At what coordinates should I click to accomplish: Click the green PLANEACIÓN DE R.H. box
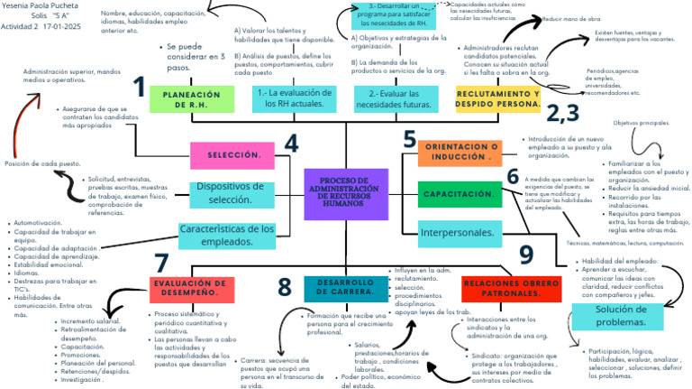tap(186, 99)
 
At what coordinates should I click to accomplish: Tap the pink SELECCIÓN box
tap(233, 155)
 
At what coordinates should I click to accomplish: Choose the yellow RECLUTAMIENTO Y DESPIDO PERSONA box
tap(498, 98)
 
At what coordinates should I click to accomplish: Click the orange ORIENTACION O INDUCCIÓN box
tap(460, 153)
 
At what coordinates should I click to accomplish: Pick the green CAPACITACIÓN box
tap(460, 194)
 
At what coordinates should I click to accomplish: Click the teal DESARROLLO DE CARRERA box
tap(345, 288)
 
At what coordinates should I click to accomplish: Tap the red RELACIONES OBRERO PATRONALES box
tap(510, 288)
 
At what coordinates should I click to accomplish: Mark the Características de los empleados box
tap(227, 236)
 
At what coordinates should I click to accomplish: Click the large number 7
tap(161, 263)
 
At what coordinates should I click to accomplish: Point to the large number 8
tap(285, 287)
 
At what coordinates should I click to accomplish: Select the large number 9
tap(526, 255)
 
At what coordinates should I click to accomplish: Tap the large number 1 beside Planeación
tap(139, 87)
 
